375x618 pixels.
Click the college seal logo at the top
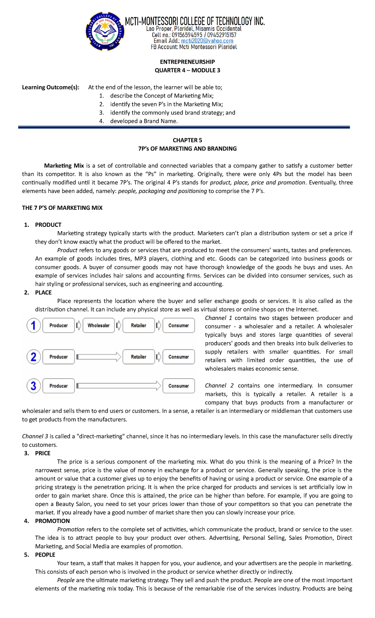coord(105,32)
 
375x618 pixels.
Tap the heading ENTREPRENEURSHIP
coord(187,62)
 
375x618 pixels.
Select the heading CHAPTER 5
coord(187,140)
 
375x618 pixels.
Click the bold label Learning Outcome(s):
coord(51,87)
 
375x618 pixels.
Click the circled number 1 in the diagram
coord(33,325)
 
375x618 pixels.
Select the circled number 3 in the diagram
coord(33,386)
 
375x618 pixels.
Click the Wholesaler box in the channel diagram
coord(98,325)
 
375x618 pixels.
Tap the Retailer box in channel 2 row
coord(138,357)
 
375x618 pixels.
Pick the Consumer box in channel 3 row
coord(178,386)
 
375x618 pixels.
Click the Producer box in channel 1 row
coord(58,325)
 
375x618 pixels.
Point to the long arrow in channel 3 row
coord(119,386)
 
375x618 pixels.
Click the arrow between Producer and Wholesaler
coord(79,325)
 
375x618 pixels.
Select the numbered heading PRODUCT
coord(48,225)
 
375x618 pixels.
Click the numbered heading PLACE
coord(43,292)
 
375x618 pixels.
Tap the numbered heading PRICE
coord(43,453)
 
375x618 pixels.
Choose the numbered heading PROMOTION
coord(52,521)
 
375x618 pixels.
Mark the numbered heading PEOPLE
coord(45,555)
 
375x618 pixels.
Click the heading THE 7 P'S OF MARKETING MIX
coord(62,208)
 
